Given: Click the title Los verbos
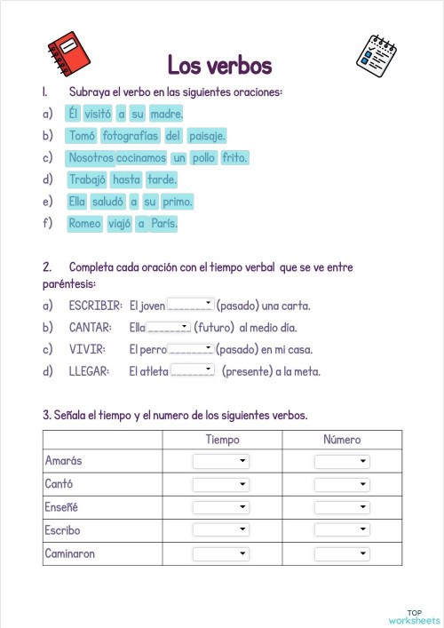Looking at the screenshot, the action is (x=219, y=65).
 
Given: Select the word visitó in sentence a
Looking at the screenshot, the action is (x=98, y=114).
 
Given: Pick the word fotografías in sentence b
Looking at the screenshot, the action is (x=131, y=136).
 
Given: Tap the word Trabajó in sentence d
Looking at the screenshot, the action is (x=86, y=179).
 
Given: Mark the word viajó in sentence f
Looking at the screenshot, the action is (x=119, y=224).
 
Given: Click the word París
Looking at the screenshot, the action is (x=163, y=224).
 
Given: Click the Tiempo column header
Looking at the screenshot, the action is (x=222, y=440).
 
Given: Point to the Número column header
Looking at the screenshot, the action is (x=342, y=440).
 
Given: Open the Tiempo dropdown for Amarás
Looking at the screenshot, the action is (x=221, y=462).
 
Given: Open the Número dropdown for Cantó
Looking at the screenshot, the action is (x=342, y=484).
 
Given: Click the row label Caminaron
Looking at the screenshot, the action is (x=70, y=553).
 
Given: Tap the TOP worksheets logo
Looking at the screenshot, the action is (x=414, y=616).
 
